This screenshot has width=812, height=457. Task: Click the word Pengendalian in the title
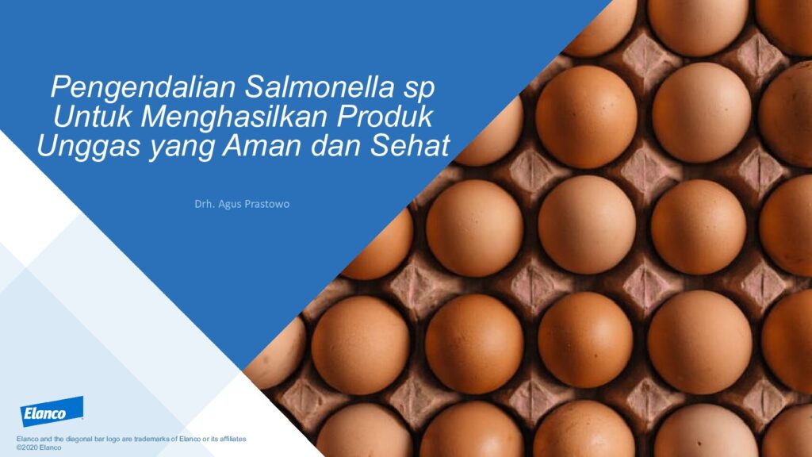(x=144, y=88)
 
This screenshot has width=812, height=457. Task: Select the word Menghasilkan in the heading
(x=236, y=117)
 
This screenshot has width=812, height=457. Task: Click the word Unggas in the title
(x=89, y=147)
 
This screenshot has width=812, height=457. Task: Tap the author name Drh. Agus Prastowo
(x=242, y=204)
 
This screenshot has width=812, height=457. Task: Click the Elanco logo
(x=52, y=412)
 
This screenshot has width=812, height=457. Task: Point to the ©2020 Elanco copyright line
(x=39, y=447)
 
